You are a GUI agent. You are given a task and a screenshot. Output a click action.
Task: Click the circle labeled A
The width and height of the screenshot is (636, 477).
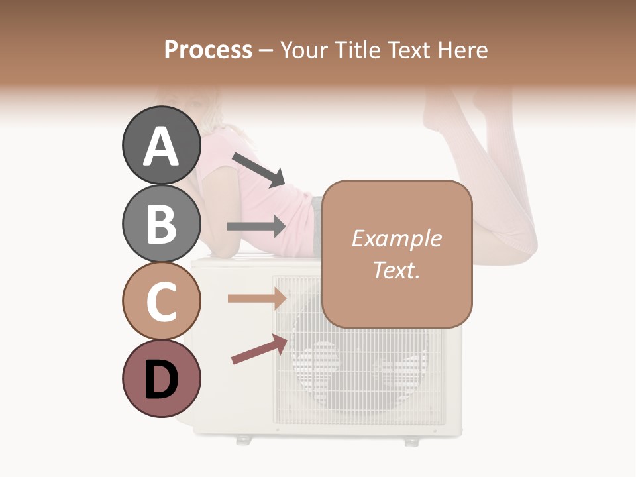coord(161,146)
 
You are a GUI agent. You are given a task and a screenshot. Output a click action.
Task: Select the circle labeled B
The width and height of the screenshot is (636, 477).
coord(161,224)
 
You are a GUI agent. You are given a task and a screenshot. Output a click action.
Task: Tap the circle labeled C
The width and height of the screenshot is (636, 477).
coord(161,301)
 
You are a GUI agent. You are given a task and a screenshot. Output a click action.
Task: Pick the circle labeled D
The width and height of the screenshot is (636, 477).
coord(161,379)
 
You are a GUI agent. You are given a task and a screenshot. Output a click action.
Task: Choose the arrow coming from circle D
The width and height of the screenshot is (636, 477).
coord(259,348)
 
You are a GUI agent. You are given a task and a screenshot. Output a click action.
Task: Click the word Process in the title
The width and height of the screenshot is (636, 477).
coord(208,50)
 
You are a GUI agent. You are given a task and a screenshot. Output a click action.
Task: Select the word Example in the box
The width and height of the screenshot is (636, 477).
coord(396,238)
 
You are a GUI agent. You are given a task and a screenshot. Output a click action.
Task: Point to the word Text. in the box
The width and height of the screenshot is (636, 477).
coord(396,270)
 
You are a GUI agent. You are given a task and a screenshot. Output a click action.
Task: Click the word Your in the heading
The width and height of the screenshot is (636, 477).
coord(304,50)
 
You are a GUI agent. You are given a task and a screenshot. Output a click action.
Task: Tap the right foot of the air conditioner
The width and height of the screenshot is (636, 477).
coord(411,440)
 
